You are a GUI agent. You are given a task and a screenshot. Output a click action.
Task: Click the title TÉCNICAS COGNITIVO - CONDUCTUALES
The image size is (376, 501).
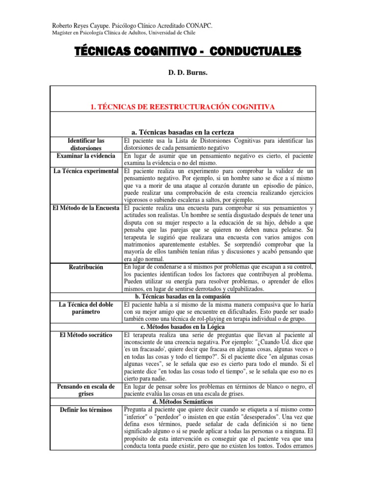(188, 52)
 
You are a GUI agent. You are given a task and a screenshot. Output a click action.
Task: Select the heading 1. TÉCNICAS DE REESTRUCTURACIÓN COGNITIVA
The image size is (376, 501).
(188, 106)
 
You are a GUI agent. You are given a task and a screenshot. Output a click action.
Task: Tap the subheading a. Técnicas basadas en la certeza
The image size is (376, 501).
(183, 132)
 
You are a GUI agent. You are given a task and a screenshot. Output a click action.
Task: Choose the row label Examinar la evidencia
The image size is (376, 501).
(86, 156)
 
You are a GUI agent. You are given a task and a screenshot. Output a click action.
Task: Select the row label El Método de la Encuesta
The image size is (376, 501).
(86, 208)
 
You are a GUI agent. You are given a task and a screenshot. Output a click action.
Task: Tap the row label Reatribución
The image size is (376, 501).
(86, 267)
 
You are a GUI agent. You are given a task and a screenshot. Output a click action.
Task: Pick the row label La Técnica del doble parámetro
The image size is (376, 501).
(86, 308)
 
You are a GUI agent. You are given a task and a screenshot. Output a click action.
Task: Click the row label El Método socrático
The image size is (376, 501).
(86, 335)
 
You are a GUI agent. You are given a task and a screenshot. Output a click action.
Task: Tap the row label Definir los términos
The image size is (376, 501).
(86, 410)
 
